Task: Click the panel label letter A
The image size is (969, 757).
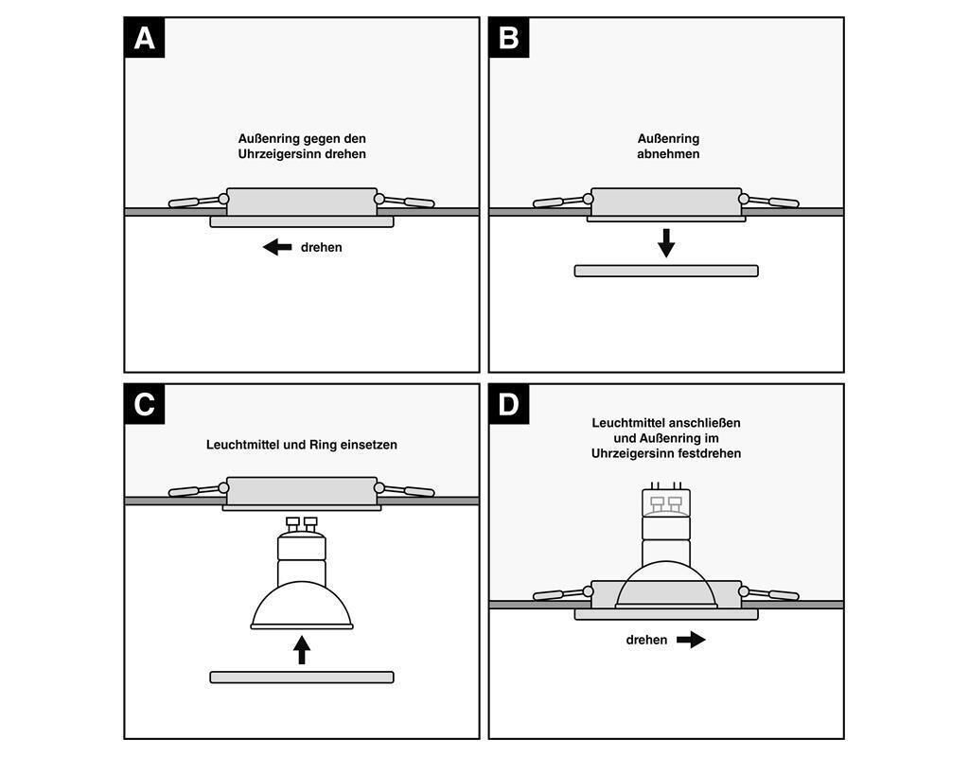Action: click(x=144, y=38)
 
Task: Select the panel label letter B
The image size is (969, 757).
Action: click(x=508, y=38)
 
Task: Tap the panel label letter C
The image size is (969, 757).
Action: click(x=144, y=404)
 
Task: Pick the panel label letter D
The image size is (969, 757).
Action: click(x=508, y=404)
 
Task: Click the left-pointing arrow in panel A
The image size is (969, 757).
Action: click(x=277, y=247)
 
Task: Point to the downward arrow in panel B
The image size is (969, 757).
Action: click(x=666, y=243)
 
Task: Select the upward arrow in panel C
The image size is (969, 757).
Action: click(x=302, y=649)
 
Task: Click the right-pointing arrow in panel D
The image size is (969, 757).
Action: click(x=692, y=640)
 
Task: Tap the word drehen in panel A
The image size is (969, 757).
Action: click(x=322, y=247)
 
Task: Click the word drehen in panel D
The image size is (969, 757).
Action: click(x=646, y=640)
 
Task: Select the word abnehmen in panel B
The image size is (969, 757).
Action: click(x=668, y=153)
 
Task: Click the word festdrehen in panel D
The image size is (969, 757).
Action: click(x=709, y=453)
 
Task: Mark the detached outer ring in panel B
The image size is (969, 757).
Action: click(x=666, y=271)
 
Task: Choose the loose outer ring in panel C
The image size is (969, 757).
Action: click(x=302, y=677)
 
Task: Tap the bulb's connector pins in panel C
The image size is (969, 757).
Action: click(x=301, y=522)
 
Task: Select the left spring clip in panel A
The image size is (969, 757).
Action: click(x=196, y=202)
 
